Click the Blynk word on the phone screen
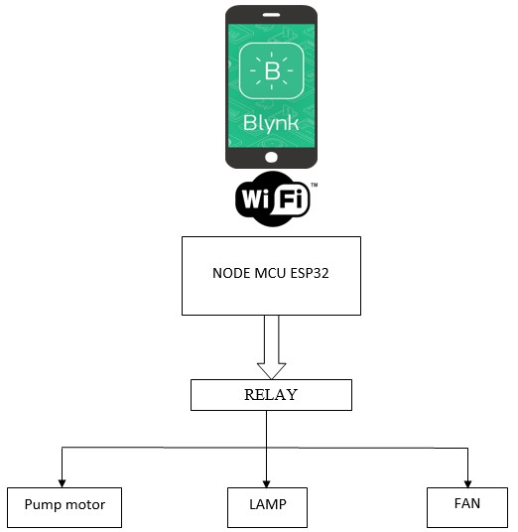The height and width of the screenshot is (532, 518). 271,126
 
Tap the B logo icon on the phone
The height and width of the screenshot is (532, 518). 271,73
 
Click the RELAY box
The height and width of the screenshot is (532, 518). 270,396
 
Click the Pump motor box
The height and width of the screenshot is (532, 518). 64,506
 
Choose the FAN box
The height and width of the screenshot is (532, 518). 466,505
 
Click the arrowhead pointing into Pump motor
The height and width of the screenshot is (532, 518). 63,481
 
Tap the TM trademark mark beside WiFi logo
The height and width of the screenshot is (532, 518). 314,186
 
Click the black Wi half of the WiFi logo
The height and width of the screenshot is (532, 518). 255,200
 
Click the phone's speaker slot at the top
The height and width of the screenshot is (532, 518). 271,15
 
